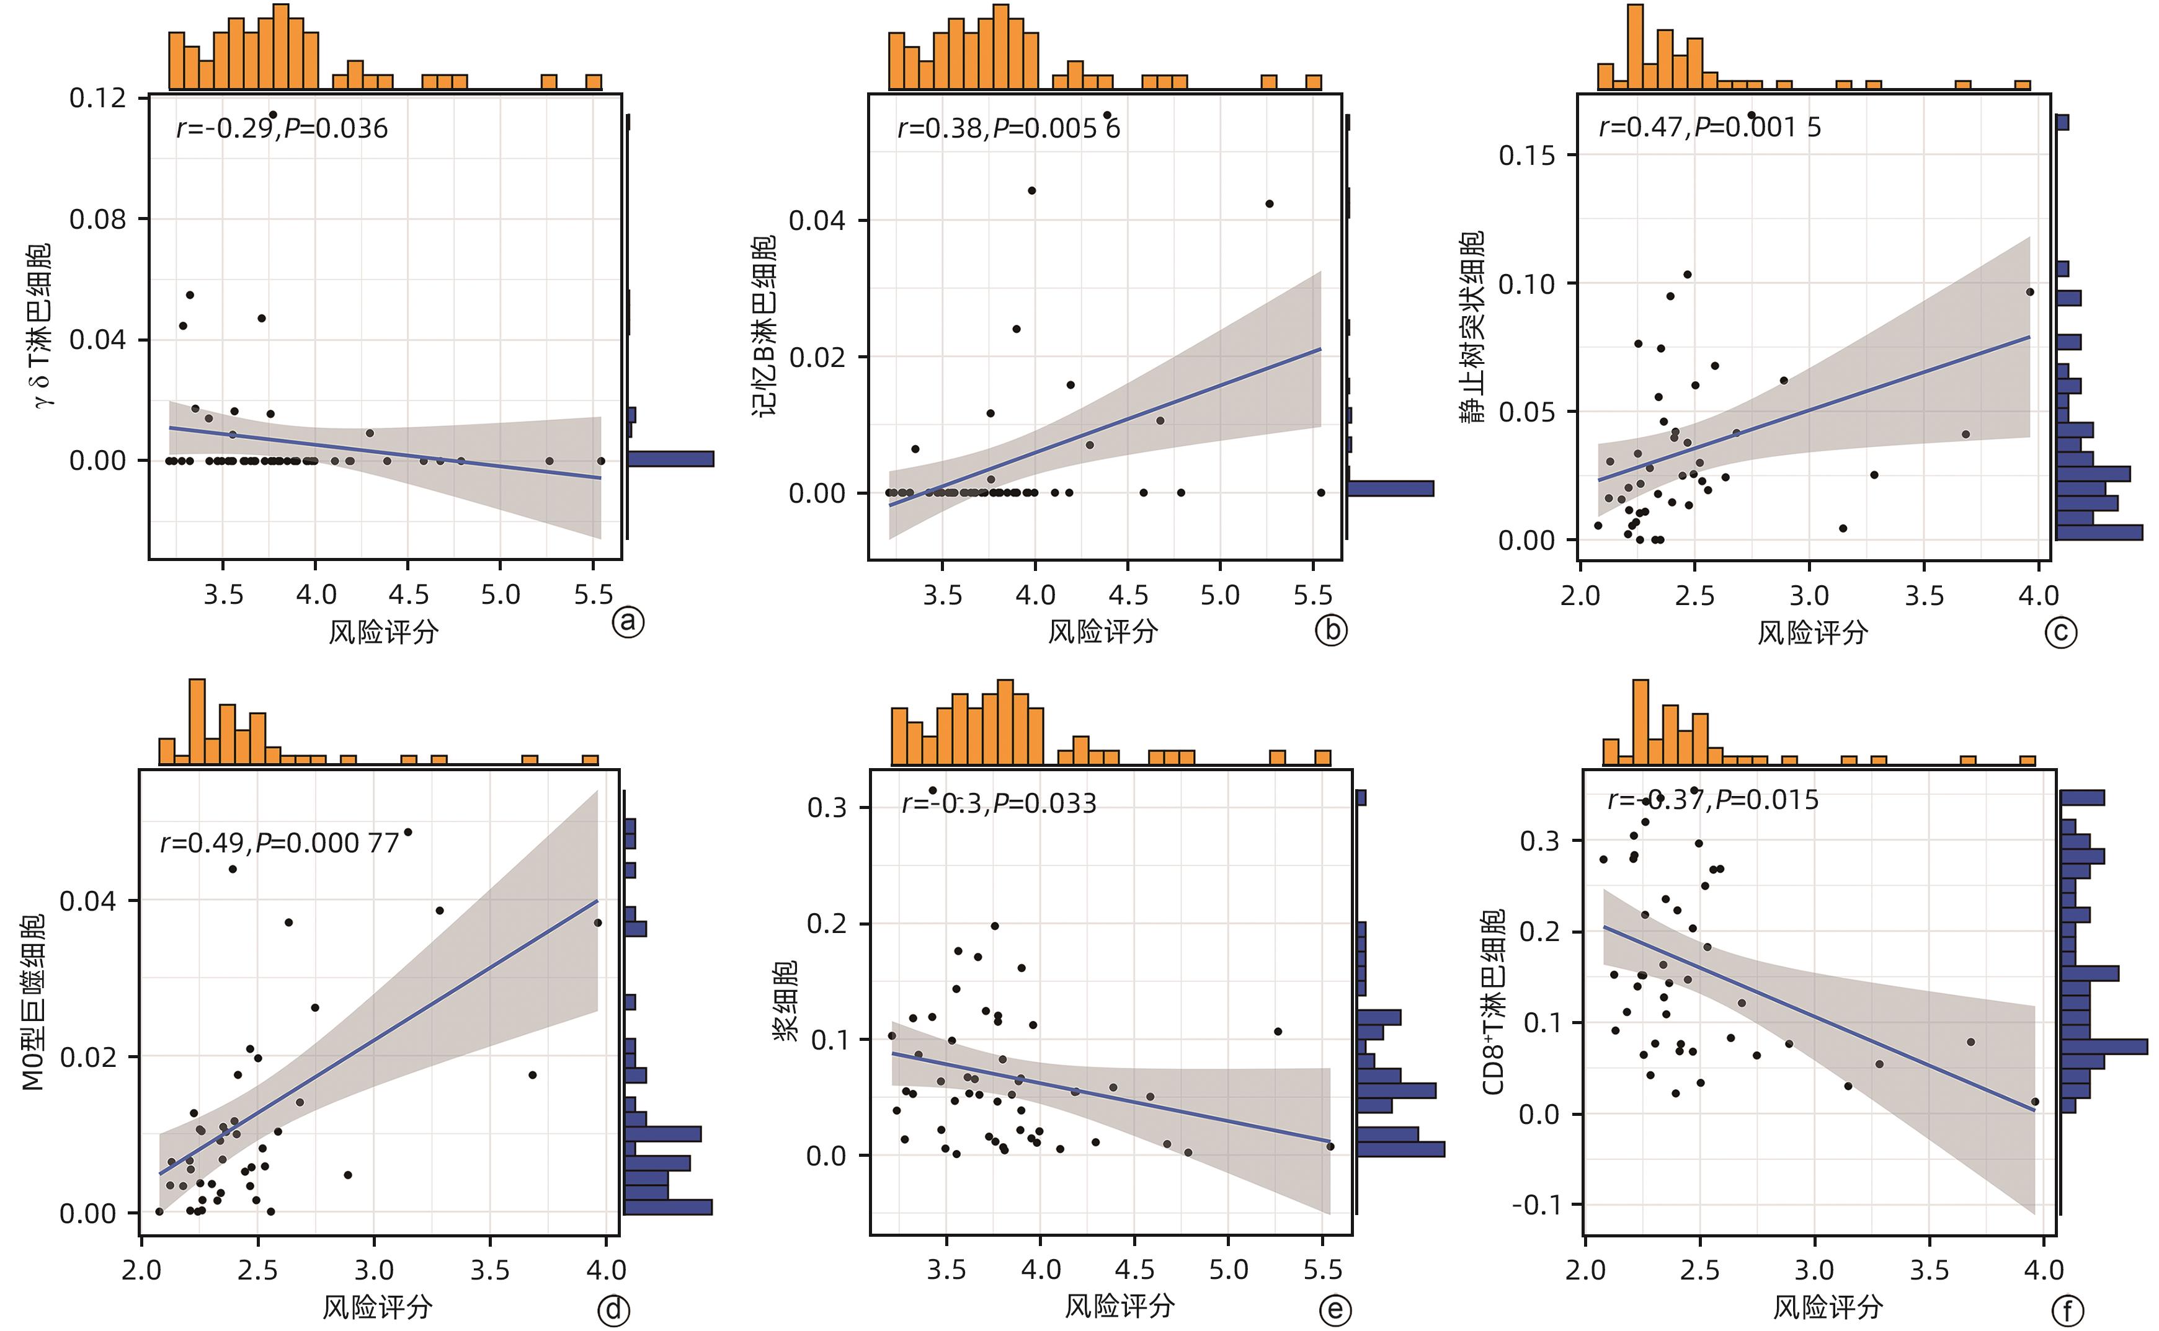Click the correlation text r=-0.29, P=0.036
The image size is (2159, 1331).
pos(282,128)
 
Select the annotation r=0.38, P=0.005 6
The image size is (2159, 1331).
pos(1008,128)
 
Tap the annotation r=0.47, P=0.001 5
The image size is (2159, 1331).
pos(1710,128)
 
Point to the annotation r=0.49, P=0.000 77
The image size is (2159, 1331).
pos(280,843)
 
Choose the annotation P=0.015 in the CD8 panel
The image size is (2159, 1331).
pos(1767,800)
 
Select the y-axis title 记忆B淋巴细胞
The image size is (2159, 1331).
pos(763,325)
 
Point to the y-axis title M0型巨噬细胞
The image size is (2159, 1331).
pos(33,1001)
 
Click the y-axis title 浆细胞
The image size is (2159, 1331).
pos(785,1001)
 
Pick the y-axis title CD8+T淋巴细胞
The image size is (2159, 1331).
pos(1493,1001)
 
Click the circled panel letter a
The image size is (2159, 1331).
pos(628,622)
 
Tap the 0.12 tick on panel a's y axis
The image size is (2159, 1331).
pos(98,98)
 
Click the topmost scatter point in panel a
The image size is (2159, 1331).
pos(273,115)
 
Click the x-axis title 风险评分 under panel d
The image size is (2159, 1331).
pos(377,1306)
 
